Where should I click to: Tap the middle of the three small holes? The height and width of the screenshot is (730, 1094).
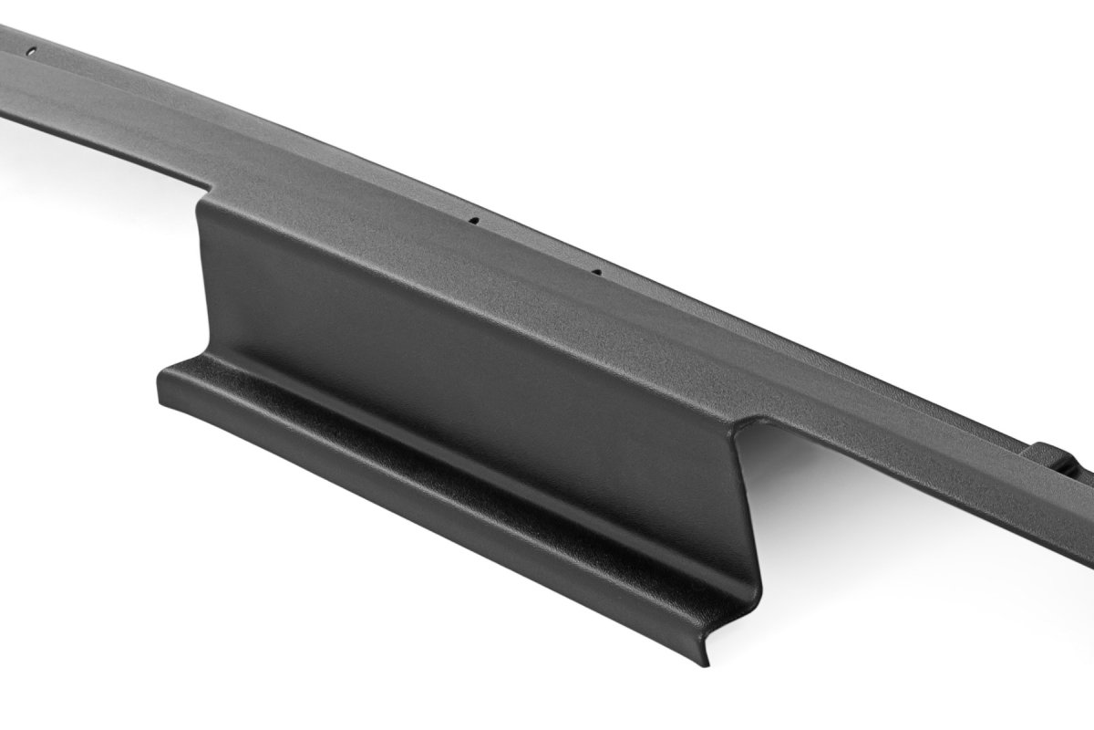(x=474, y=220)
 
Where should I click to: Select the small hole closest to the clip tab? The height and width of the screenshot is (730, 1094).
(x=595, y=271)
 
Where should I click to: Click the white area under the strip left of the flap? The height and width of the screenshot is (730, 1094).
(x=91, y=228)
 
